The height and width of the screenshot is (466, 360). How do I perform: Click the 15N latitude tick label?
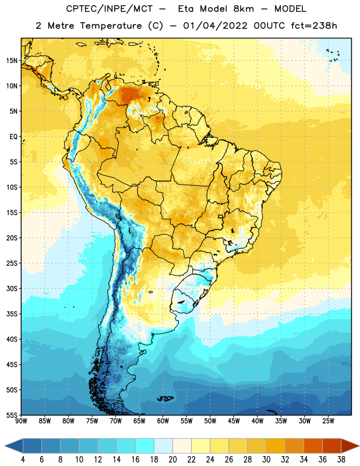click(12, 61)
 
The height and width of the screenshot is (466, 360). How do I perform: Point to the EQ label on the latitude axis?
click(13, 137)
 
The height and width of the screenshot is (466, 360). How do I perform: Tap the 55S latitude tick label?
click(12, 415)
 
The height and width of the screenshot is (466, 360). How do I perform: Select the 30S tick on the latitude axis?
click(12, 288)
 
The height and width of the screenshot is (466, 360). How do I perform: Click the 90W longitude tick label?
click(21, 421)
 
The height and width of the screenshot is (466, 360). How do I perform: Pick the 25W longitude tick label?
click(328, 421)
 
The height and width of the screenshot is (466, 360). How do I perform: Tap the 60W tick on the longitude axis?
click(163, 421)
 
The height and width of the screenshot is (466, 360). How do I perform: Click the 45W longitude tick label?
click(234, 421)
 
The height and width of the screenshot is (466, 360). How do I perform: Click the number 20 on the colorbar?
click(172, 460)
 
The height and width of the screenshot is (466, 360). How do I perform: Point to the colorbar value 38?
click(341, 460)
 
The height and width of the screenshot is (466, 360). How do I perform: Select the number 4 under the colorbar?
click(23, 460)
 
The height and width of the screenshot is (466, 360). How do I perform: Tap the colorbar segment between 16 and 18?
click(144, 446)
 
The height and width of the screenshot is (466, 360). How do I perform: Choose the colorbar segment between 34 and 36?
click(313, 446)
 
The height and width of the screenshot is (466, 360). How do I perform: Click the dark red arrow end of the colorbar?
click(349, 446)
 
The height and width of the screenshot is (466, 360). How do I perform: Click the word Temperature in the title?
click(111, 26)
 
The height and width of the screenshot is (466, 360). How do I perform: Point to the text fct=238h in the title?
click(314, 26)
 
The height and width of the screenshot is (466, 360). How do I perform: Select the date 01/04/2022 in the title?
click(215, 26)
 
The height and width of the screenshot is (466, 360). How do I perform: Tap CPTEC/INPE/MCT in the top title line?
click(109, 9)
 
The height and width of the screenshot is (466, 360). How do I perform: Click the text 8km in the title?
click(243, 9)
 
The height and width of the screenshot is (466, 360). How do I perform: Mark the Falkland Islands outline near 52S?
click(165, 398)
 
